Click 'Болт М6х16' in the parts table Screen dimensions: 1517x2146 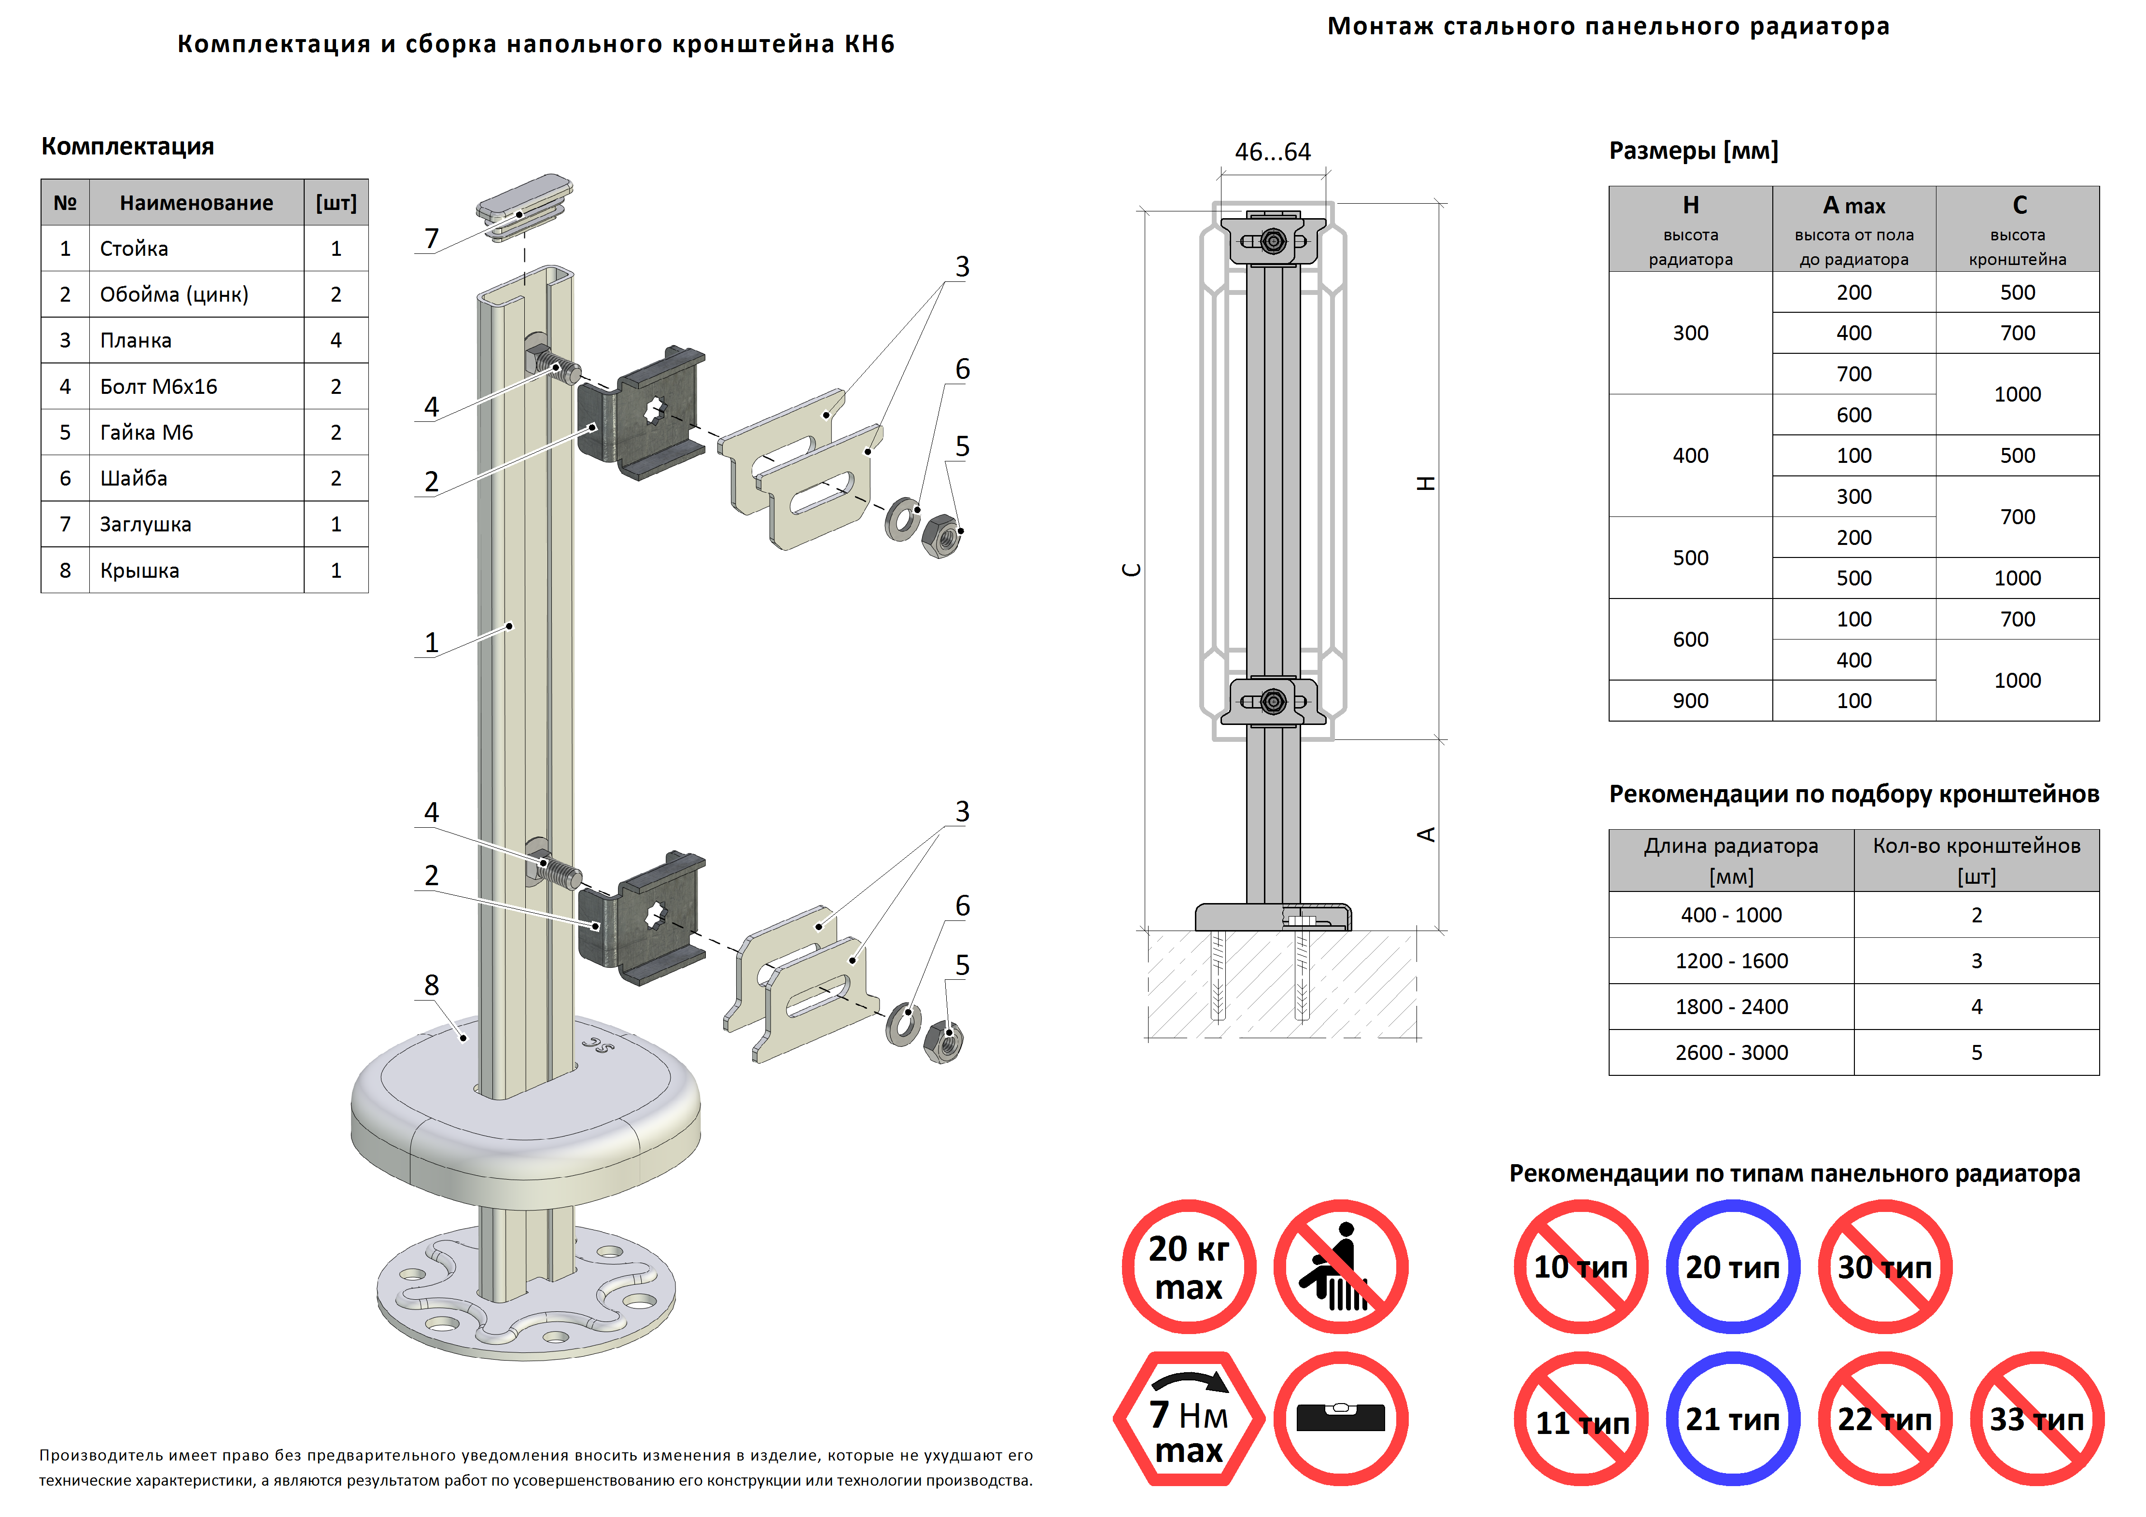pos(159,386)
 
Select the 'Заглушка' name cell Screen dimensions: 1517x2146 pos(146,524)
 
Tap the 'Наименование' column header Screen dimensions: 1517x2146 pos(196,203)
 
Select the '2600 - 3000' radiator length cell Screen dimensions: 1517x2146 pos(1731,1053)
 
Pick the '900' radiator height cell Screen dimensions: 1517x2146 pos(1690,701)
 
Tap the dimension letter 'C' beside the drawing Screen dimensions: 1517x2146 pos(1131,570)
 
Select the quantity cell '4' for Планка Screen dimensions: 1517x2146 pos(336,340)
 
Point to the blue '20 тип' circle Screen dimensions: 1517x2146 pos(1732,1267)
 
